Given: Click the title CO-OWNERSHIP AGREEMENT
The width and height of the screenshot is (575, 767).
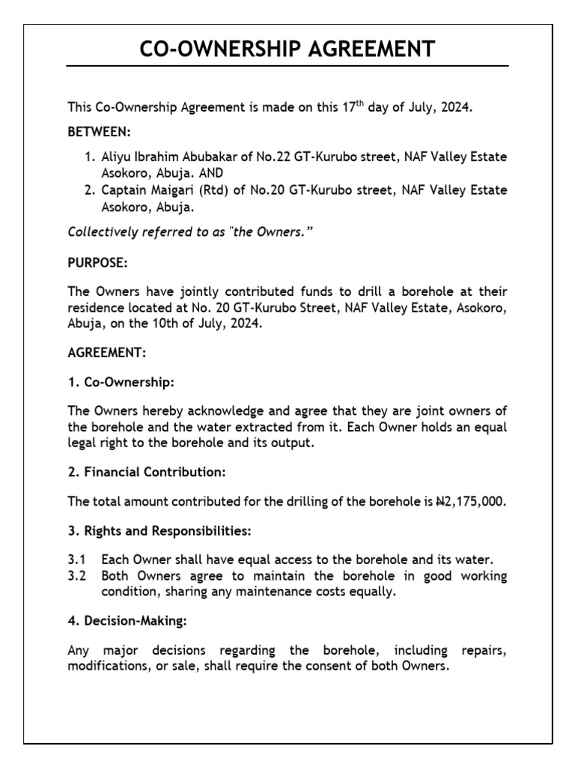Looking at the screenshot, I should pos(287,49).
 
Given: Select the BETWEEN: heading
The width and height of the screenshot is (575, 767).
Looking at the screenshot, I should pos(99,132).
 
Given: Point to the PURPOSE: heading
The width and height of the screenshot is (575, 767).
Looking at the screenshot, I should pos(97,265).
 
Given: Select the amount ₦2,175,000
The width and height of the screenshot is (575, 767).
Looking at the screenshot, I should pos(471,501).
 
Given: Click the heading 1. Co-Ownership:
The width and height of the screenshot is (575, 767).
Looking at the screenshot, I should pos(121,382).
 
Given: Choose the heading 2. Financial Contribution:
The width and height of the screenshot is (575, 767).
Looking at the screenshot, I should pos(146,472).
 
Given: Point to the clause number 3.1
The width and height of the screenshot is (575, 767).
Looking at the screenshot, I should pos(77,560).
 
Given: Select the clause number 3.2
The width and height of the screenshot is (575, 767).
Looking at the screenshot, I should pos(77,576).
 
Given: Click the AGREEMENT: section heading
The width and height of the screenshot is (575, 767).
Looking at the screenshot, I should pos(107,353).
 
